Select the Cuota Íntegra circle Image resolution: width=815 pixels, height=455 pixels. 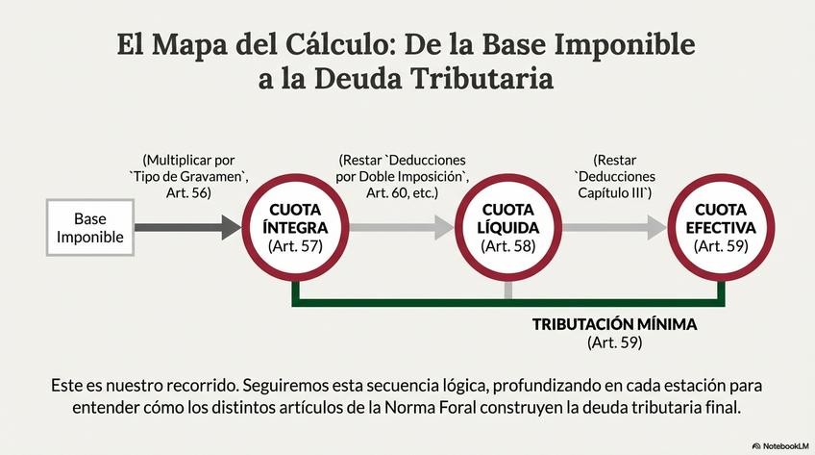[x=296, y=227]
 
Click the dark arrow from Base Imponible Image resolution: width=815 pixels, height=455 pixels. [x=187, y=227]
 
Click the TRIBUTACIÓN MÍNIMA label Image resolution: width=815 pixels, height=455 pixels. [x=614, y=324]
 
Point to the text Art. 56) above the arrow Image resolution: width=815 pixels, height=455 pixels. [x=188, y=193]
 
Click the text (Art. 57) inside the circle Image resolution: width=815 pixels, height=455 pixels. [x=296, y=247]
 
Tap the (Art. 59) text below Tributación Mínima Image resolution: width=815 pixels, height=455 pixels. [x=614, y=342]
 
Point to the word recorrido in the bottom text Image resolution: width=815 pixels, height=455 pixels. [x=193, y=385]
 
